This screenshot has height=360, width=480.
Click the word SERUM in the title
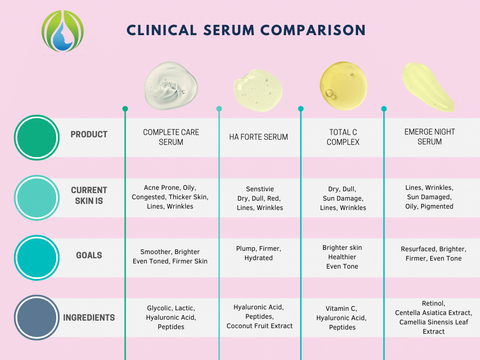tap(229, 30)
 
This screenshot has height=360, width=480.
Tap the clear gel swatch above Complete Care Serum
tap(171, 86)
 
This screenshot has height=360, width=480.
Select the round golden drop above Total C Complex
tap(343, 85)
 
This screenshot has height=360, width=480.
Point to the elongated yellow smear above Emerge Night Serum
tap(428, 87)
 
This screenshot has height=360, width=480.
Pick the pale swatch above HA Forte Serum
tap(258, 90)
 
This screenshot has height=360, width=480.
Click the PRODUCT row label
tap(89, 135)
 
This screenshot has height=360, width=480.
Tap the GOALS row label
tap(89, 255)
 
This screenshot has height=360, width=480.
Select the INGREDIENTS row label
tap(89, 318)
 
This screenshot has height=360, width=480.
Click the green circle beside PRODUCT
tap(37, 138)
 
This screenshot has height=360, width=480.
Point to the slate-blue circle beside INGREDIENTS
tap(37, 317)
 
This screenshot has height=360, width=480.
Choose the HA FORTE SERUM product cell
tap(259, 137)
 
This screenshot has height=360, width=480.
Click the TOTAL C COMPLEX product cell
tap(343, 137)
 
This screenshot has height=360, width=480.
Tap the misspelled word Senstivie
tap(260, 189)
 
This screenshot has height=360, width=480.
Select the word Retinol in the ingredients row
tap(433, 303)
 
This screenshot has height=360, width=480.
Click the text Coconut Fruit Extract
tap(260, 326)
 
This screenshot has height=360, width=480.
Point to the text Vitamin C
tap(341, 308)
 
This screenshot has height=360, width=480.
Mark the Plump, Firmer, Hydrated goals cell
tap(259, 253)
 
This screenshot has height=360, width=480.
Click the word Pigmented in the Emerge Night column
tap(437, 207)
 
